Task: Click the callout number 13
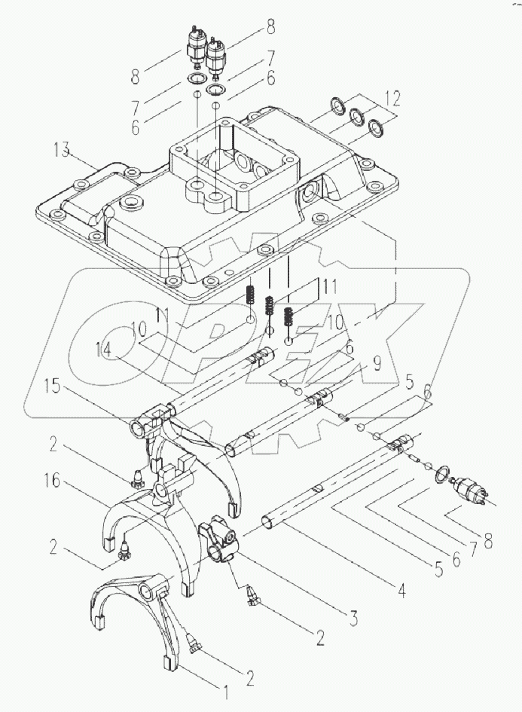coord(62,150)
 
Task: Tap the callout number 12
coord(391,99)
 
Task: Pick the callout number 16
coord(53,481)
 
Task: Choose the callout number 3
coord(353,618)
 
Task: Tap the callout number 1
coord(223,693)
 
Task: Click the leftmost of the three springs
coord(250,295)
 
